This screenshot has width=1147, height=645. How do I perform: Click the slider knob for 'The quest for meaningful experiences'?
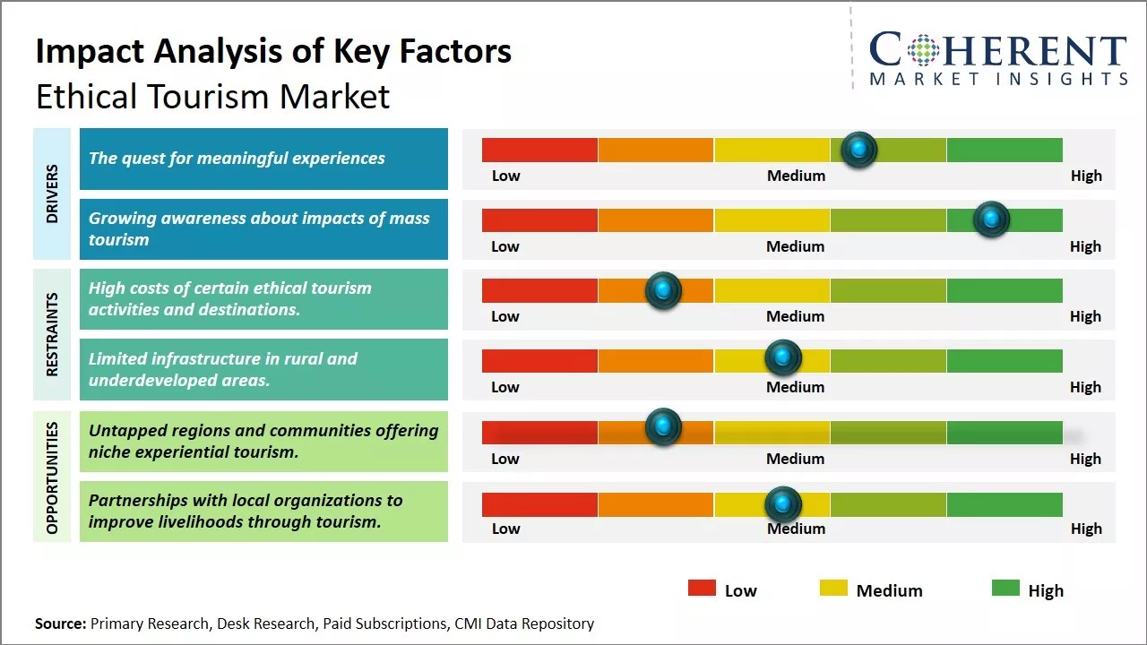[x=859, y=150]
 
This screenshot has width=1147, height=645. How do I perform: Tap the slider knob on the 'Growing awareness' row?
[x=991, y=219]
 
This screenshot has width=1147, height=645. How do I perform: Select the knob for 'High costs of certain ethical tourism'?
[x=663, y=290]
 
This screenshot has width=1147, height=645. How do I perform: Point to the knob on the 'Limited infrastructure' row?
[x=782, y=358]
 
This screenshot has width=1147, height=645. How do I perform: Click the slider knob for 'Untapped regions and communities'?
[x=663, y=427]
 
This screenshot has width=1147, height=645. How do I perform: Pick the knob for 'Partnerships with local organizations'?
[x=782, y=504]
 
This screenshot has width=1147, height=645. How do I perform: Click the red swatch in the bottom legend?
[x=702, y=588]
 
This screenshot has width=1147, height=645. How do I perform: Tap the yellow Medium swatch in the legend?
[x=833, y=588]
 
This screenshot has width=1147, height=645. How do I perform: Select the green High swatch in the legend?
[x=1005, y=588]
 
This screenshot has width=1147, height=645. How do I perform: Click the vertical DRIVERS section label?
[x=52, y=193]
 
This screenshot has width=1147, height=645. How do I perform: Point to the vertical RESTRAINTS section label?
[x=52, y=334]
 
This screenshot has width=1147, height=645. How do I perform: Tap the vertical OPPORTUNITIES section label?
[x=52, y=477]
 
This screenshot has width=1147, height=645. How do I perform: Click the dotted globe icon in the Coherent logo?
[x=923, y=50]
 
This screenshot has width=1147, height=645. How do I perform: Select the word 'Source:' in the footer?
[x=61, y=623]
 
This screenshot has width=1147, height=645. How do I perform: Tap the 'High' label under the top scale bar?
[x=1086, y=176]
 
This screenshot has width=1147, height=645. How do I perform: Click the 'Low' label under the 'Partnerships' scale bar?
[x=505, y=529]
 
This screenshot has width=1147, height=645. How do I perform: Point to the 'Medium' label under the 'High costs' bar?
[x=796, y=316]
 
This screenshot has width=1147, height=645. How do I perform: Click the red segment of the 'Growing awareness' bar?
[x=539, y=220]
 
